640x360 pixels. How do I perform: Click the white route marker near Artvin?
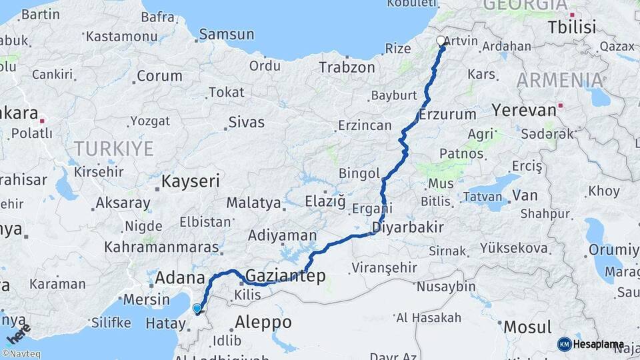click(441, 41)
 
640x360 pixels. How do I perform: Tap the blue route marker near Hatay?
click(197, 309)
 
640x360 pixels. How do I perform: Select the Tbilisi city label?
click(571, 27)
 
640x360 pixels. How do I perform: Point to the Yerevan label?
click(524, 109)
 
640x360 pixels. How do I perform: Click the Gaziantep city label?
click(285, 275)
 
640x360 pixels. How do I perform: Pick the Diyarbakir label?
click(407, 227)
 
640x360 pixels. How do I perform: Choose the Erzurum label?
click(448, 114)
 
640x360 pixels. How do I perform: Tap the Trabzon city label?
click(347, 67)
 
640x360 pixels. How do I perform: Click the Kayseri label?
click(191, 181)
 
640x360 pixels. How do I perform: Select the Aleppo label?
click(263, 323)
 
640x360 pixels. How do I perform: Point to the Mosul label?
click(527, 327)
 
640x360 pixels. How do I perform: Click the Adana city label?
click(179, 277)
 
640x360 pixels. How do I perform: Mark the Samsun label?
click(227, 34)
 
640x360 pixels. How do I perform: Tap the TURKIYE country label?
click(113, 148)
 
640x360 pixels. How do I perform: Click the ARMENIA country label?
click(559, 81)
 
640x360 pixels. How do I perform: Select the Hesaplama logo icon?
click(565, 344)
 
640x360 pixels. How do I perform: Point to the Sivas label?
click(246, 122)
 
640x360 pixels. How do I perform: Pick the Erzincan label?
click(364, 125)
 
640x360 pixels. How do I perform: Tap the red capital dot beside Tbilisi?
click(572, 15)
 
